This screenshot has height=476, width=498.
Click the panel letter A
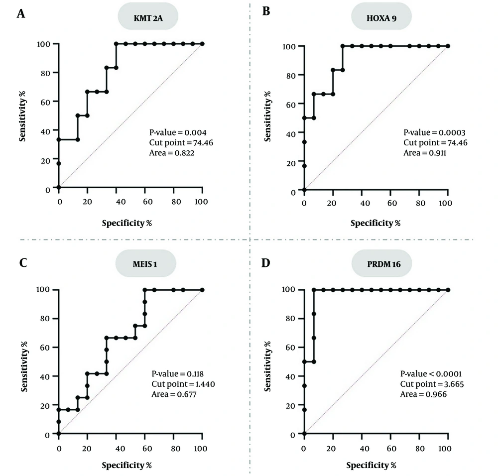tap(21, 13)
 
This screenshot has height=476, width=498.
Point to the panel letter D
tap(266, 262)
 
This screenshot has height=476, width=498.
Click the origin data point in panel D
tap(304, 434)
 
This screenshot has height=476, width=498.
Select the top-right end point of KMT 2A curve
tap(202, 44)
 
